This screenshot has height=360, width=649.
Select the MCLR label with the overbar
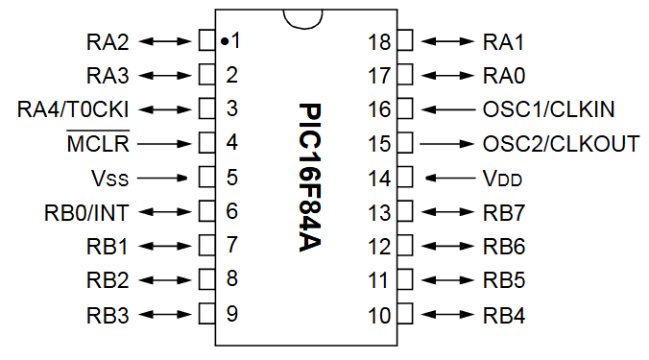point(98,144)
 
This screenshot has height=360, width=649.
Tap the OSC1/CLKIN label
point(548,108)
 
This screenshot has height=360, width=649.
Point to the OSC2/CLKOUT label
point(561,144)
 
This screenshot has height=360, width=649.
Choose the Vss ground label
point(107,178)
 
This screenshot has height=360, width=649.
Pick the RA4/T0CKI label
point(73,108)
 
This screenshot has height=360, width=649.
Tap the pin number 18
point(379,41)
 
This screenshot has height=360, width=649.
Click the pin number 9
point(232,313)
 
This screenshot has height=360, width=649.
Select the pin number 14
point(379,178)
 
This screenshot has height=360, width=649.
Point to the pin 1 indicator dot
point(223,41)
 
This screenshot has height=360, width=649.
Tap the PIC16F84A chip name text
point(308,178)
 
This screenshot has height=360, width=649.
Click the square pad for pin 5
point(205,178)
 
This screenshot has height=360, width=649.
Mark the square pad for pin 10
point(405,314)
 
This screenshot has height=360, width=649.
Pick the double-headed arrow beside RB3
point(165,314)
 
